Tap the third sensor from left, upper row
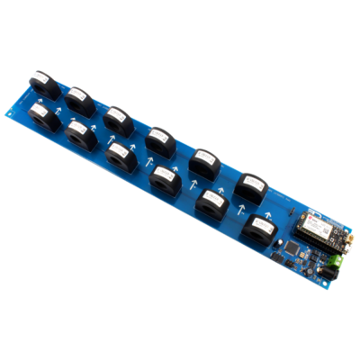click(117, 118)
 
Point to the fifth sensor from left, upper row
click(204, 162)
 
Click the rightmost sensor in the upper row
click(251, 185)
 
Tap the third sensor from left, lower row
click(119, 154)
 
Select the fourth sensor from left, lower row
click(164, 176)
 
